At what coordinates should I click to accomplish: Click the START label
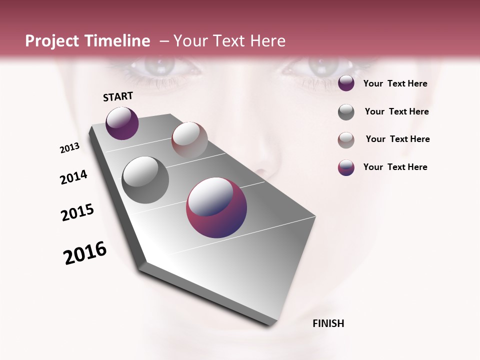pyautogui.click(x=118, y=96)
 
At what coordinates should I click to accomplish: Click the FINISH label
pyautogui.click(x=328, y=323)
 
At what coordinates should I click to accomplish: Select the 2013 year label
pyautogui.click(x=70, y=148)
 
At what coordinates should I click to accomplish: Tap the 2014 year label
pyautogui.click(x=74, y=177)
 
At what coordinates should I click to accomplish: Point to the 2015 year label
pyautogui.click(x=77, y=212)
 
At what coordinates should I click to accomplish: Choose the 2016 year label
pyautogui.click(x=85, y=253)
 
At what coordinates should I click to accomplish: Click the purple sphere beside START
pyautogui.click(x=122, y=123)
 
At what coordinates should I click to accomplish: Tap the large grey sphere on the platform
pyautogui.click(x=145, y=179)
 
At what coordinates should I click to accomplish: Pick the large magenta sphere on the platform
pyautogui.click(x=216, y=207)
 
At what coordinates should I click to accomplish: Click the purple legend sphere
pyautogui.click(x=346, y=83)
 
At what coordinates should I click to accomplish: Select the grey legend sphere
pyautogui.click(x=346, y=112)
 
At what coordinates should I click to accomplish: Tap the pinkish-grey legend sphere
pyautogui.click(x=346, y=140)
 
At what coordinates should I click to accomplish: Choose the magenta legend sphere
pyautogui.click(x=346, y=167)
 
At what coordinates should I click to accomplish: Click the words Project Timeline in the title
pyautogui.click(x=87, y=41)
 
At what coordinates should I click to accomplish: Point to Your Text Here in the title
pyautogui.click(x=229, y=41)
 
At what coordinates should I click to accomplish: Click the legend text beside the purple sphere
pyautogui.click(x=395, y=83)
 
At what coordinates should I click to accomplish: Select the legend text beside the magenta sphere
pyautogui.click(x=395, y=167)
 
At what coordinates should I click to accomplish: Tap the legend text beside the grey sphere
pyautogui.click(x=396, y=111)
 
